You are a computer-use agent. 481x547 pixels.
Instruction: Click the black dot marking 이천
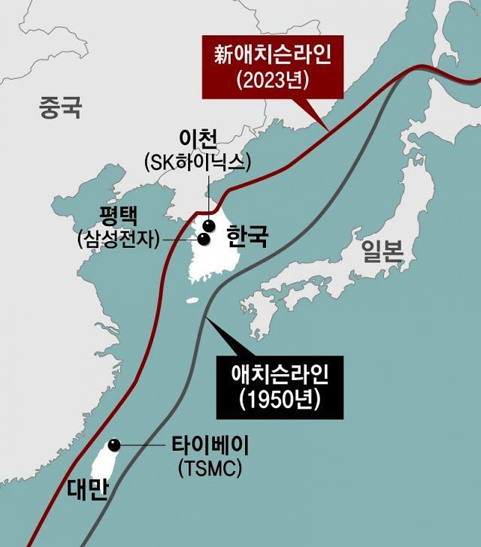tap(208, 225)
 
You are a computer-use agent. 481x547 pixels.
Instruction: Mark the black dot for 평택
tap(203, 239)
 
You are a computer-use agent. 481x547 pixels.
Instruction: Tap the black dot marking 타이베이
tap(113, 446)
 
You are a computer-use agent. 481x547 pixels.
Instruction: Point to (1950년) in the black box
tap(277, 398)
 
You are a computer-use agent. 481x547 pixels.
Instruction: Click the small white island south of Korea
tap(192, 301)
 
